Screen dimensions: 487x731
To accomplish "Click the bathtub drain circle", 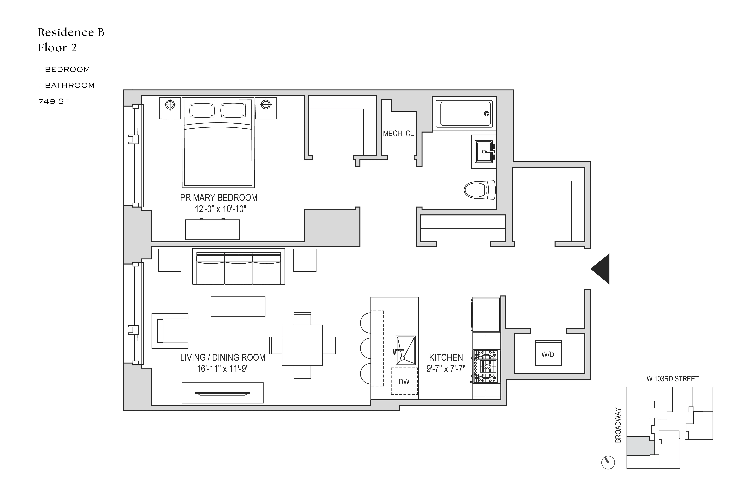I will click(486, 114).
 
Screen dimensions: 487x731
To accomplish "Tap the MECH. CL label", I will click(398, 134).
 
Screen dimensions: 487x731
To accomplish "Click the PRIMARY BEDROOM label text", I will click(218, 198).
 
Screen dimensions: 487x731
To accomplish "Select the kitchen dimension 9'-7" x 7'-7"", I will click(446, 369).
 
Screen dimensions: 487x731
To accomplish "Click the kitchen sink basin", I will click(406, 350).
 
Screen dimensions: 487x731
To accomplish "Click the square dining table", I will click(302, 345).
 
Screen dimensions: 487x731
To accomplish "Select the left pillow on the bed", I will click(202, 111).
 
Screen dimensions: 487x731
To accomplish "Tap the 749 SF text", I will click(53, 101).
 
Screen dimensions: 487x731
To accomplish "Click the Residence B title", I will click(71, 32).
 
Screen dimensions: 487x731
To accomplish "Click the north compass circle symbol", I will click(608, 462).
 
